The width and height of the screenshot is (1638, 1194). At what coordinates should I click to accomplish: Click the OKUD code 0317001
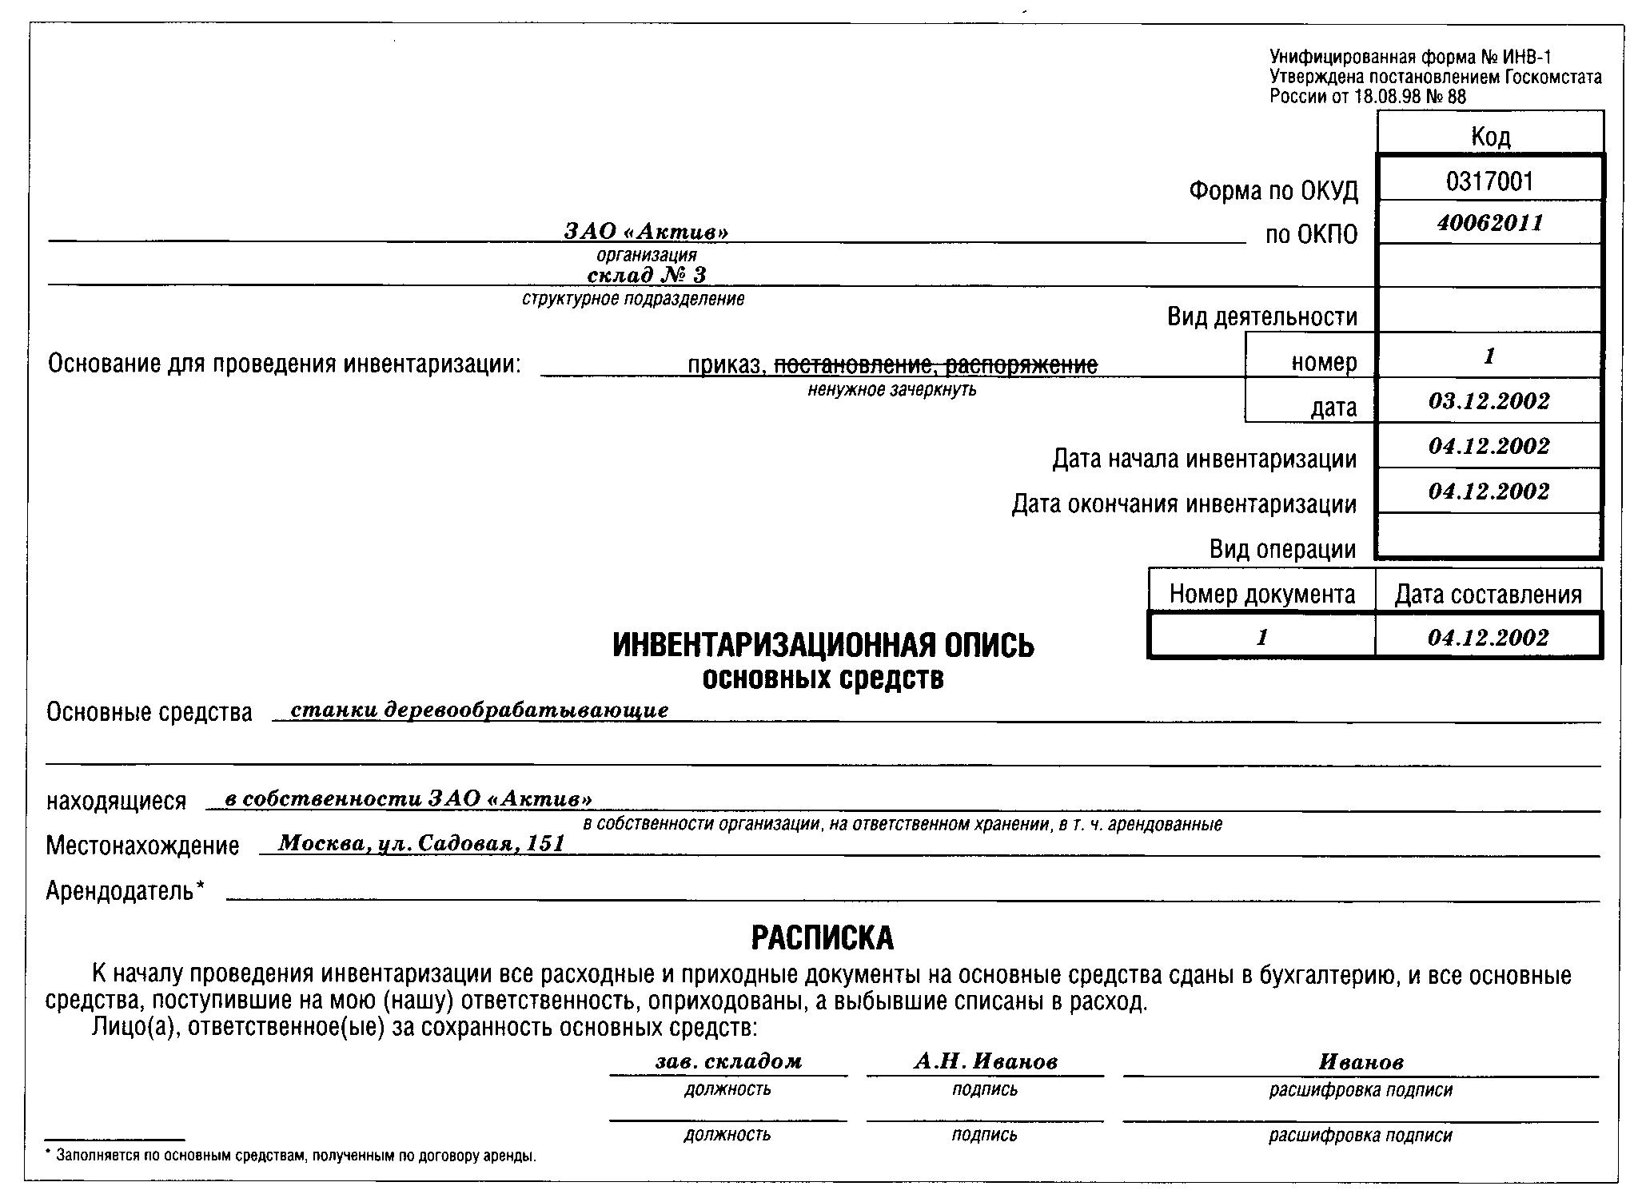tap(1489, 181)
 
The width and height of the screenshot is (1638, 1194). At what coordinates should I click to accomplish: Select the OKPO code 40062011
tap(1489, 222)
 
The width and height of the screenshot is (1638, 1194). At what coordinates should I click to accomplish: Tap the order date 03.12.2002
tap(1489, 400)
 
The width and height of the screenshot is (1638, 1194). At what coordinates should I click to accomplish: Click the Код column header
tap(1490, 137)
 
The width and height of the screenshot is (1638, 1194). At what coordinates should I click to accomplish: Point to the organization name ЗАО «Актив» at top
tap(646, 232)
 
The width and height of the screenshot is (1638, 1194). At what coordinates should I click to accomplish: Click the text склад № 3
tap(647, 276)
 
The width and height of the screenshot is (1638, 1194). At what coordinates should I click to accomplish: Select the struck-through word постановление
tap(854, 365)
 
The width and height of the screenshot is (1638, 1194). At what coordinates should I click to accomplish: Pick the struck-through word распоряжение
tap(1021, 365)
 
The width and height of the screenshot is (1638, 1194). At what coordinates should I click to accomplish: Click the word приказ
tap(726, 365)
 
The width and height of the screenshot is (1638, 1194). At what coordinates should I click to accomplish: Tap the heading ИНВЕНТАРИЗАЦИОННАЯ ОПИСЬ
tap(823, 646)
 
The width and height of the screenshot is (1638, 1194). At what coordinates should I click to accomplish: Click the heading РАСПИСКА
tap(823, 938)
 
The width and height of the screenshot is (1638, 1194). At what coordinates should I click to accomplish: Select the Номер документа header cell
tap(1261, 594)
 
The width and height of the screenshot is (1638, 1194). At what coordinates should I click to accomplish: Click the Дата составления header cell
tap(1488, 594)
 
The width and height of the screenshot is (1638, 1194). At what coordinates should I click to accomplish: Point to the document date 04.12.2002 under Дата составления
tap(1488, 638)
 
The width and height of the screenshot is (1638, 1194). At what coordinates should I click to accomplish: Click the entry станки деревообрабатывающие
tap(479, 710)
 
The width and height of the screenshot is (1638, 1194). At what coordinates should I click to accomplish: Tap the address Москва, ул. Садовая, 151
tap(421, 843)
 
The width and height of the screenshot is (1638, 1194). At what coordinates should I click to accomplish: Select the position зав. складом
tap(727, 1061)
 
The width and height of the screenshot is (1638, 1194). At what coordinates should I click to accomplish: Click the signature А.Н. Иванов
tap(985, 1061)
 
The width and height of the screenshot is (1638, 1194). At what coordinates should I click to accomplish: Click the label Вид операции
tap(1282, 549)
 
